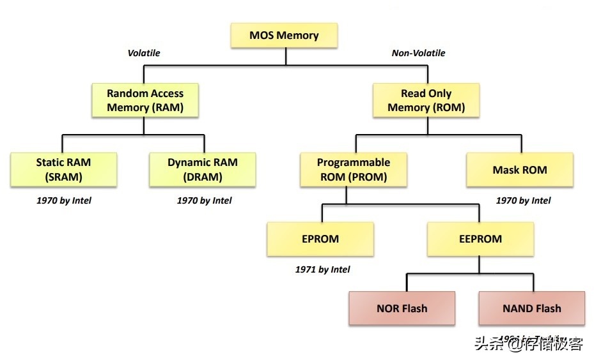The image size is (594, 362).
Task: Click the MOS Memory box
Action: pos(284,36)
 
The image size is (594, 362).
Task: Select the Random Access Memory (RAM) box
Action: pos(145,100)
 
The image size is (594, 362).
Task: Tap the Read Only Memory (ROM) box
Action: pos(426,100)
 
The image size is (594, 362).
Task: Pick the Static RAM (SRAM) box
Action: pos(63,169)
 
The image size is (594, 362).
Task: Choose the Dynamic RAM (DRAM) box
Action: pos(202,169)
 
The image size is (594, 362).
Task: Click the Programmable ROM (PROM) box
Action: pos(354,169)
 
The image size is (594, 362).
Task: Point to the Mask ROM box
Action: pos(520,170)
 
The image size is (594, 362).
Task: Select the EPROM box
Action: pos(320,239)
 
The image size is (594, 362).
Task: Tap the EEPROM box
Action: pos(480,239)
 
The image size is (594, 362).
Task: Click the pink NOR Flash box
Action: pos(402,308)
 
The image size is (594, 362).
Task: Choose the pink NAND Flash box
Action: pos(531,308)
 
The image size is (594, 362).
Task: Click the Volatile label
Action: pos(144,53)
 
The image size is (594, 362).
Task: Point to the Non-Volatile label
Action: pos(418,53)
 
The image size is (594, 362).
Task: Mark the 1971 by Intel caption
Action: pos(322,269)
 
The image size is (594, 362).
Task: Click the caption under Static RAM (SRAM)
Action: pos(64,200)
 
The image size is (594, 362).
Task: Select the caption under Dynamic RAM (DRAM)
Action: pos(204,200)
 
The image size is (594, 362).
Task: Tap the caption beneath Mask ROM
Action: pos(523,200)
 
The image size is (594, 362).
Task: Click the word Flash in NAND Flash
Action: pos(549,308)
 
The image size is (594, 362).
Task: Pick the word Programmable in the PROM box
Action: pos(354,162)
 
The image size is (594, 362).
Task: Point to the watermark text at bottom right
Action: pos(528,345)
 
